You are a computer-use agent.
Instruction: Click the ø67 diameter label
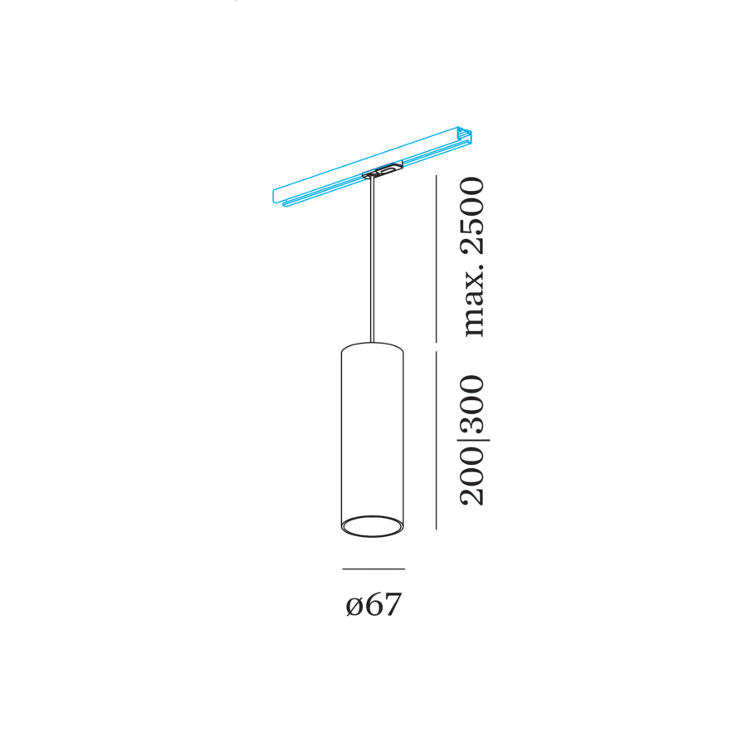click(374, 604)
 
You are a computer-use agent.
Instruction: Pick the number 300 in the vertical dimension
click(471, 404)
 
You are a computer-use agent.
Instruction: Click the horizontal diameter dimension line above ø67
click(373, 569)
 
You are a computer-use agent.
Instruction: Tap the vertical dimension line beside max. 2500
click(436, 259)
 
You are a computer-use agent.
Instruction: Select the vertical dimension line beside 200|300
click(436, 441)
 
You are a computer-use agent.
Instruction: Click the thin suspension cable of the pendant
click(372, 260)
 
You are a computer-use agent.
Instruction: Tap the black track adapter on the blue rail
click(382, 170)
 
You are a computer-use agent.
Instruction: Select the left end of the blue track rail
click(276, 198)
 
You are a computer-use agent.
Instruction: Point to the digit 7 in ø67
click(393, 604)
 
